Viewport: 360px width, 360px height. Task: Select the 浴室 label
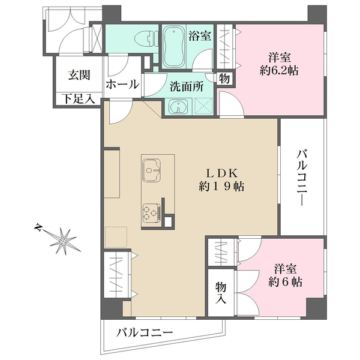(200, 35)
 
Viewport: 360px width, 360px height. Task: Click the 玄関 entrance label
(79, 76)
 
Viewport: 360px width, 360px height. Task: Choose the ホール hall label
(122, 85)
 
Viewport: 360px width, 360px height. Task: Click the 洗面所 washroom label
(187, 86)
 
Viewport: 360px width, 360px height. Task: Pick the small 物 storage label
(224, 78)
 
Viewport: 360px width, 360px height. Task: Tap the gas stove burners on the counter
(151, 211)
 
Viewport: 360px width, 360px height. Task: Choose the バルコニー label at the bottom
(145, 331)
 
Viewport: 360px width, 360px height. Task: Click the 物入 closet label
(221, 292)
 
